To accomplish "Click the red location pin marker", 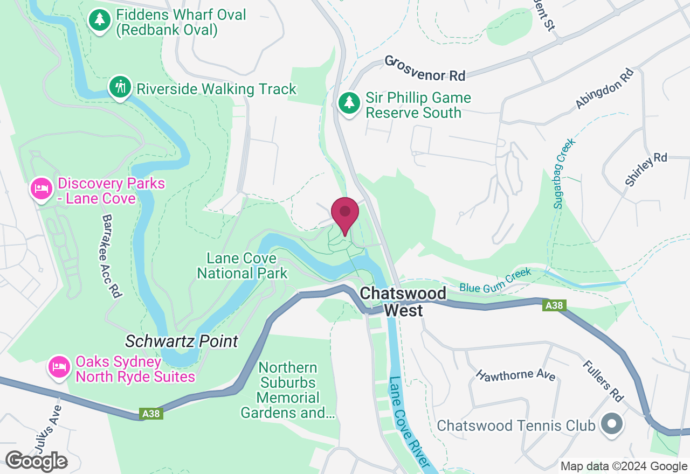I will [x=345, y=214].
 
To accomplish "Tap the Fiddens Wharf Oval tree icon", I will [x=99, y=20].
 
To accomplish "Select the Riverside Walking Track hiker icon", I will [x=120, y=87].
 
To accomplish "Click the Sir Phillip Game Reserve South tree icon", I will [x=349, y=102].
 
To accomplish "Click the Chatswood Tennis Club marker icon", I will [x=611, y=424].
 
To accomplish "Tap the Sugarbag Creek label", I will [x=564, y=173].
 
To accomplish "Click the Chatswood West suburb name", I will [x=403, y=302].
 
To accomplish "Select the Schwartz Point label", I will [x=181, y=341].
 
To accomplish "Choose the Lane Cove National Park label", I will [x=242, y=266].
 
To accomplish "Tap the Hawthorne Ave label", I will [x=515, y=374].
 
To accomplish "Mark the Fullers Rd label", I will [x=603, y=381].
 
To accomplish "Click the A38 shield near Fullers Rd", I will [x=554, y=305].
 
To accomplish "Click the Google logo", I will [x=36, y=461].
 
